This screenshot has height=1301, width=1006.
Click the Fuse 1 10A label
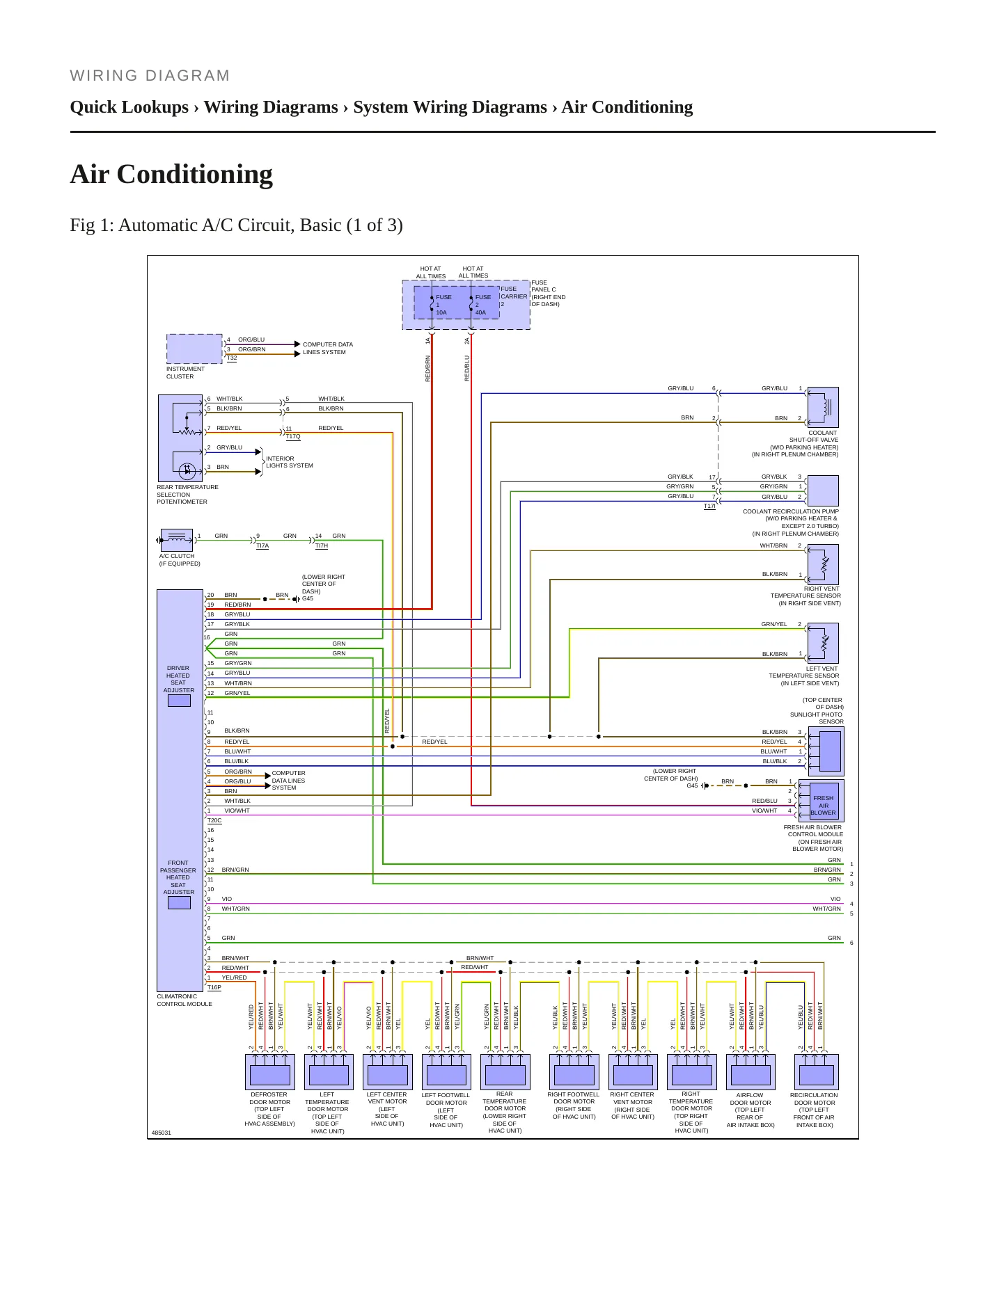[443, 305]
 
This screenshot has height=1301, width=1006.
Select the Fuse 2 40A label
[482, 305]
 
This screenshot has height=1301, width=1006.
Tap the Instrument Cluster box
[195, 349]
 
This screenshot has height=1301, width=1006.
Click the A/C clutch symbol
[177, 540]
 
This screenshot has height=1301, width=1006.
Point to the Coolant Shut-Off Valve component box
[823, 407]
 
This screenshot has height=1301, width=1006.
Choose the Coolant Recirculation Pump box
[823, 491]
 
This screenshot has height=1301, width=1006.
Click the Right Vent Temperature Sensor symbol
[823, 564]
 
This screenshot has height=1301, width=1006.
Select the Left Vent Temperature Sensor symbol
[823, 643]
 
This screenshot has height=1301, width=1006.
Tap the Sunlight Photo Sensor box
[826, 751]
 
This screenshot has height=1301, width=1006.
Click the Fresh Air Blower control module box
[822, 801]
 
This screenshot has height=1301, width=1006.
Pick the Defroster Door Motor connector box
[269, 1072]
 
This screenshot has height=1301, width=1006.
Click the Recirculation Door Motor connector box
[816, 1072]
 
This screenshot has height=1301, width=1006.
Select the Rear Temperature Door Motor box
[505, 1072]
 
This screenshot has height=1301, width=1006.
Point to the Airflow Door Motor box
[750, 1072]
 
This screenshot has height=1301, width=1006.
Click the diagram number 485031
[162, 1133]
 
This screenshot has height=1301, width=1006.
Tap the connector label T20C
[214, 821]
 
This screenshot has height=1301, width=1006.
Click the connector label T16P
[214, 987]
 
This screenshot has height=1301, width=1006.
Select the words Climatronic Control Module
[184, 1000]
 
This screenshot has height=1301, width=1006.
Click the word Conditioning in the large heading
[195, 175]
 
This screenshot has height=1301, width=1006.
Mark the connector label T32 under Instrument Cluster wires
[232, 358]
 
